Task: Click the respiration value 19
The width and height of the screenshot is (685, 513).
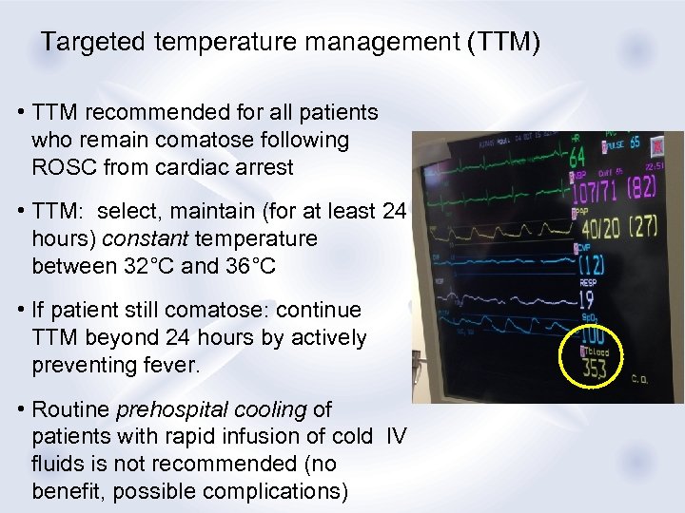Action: pos(587,300)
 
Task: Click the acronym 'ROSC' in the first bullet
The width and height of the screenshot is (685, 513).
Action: pos(68,167)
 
